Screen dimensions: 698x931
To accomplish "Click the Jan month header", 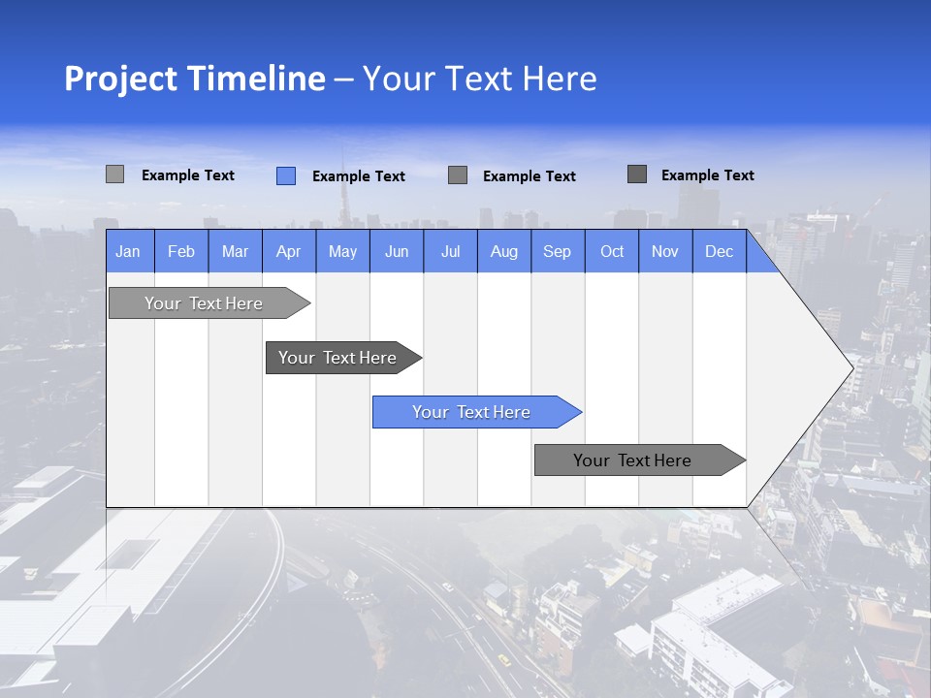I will pyautogui.click(x=128, y=251).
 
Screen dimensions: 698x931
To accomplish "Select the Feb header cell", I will pyautogui.click(x=181, y=251).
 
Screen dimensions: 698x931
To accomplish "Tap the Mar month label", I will pyautogui.click(x=235, y=251).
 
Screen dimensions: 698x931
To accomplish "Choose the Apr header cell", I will pyautogui.click(x=288, y=251).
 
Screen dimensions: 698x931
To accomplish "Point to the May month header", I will pyautogui.click(x=342, y=251).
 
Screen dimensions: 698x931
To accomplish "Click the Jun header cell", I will pyautogui.click(x=397, y=251).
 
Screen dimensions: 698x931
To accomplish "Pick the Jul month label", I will pyautogui.click(x=450, y=251).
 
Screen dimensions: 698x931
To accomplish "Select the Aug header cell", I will pyautogui.click(x=504, y=251).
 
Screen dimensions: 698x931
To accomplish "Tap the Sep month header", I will pyautogui.click(x=558, y=251).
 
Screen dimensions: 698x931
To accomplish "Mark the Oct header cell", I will pyautogui.click(x=612, y=251).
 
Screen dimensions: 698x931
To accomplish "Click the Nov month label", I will pyautogui.click(x=665, y=251).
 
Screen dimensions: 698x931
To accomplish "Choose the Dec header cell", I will pyautogui.click(x=719, y=251).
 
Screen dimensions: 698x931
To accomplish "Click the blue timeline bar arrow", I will pyautogui.click(x=475, y=412).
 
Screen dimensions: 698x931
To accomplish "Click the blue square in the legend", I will pyautogui.click(x=286, y=175).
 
